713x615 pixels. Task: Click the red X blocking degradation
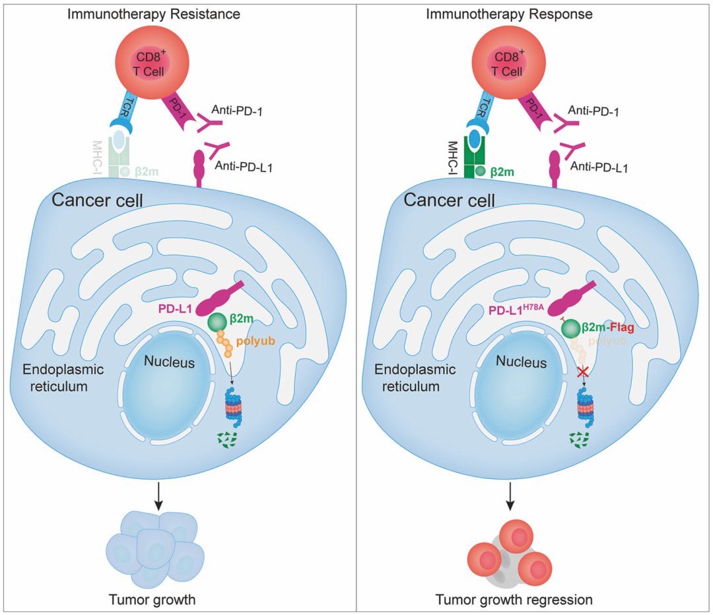point(583,373)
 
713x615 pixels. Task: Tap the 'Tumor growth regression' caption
point(514,600)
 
